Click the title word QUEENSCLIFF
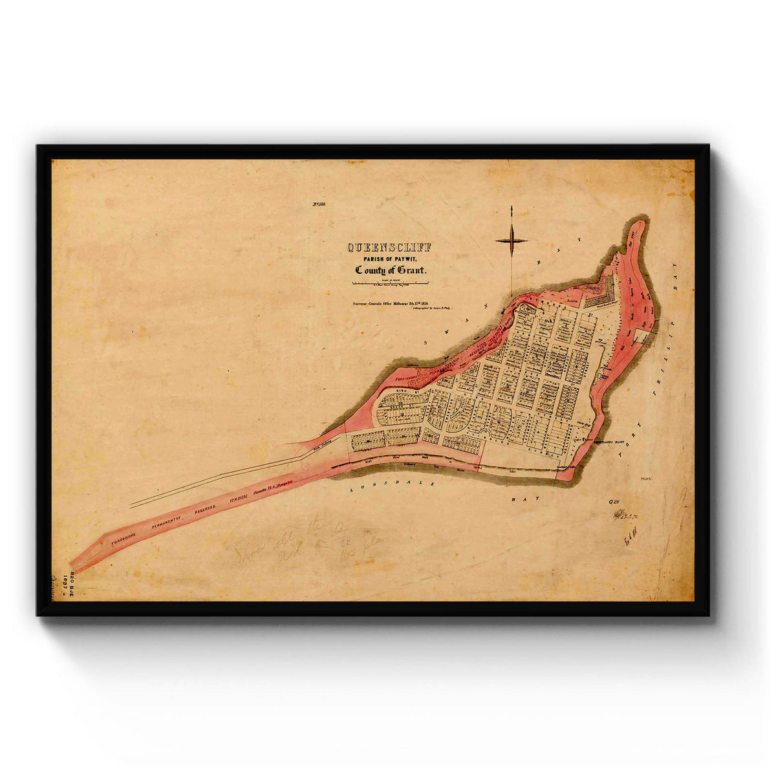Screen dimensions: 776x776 point(389,247)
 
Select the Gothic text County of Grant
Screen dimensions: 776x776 point(390,270)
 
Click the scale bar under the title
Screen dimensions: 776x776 point(390,283)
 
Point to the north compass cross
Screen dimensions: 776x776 point(512,241)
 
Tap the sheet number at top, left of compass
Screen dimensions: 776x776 point(319,205)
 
